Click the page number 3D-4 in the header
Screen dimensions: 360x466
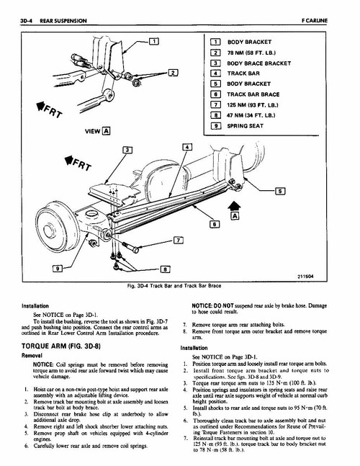pyautogui.click(x=26, y=21)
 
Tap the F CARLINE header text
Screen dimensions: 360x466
pyautogui.click(x=315, y=21)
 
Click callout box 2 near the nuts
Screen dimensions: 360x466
pyautogui.click(x=173, y=73)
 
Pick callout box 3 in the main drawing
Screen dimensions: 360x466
pyautogui.click(x=127, y=150)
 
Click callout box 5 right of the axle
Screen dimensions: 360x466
pyautogui.click(x=280, y=191)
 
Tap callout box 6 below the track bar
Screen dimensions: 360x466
pyautogui.click(x=215, y=224)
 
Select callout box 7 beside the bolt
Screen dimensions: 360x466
pyautogui.click(x=178, y=240)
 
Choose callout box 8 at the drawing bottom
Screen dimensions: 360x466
pyautogui.click(x=165, y=269)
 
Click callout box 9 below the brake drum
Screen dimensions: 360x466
pyautogui.click(x=58, y=269)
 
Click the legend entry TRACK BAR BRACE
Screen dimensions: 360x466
pyautogui.click(x=253, y=94)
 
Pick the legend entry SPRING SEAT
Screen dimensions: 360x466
pyautogui.click(x=245, y=126)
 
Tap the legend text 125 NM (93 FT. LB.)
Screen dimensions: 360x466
pyautogui.click(x=253, y=105)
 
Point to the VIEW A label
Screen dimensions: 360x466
pyautogui.click(x=97, y=131)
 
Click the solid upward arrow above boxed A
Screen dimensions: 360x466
pyautogui.click(x=234, y=206)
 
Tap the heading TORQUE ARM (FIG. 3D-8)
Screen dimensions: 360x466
pyautogui.click(x=61, y=346)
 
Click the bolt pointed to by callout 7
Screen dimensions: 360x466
pyautogui.click(x=130, y=247)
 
